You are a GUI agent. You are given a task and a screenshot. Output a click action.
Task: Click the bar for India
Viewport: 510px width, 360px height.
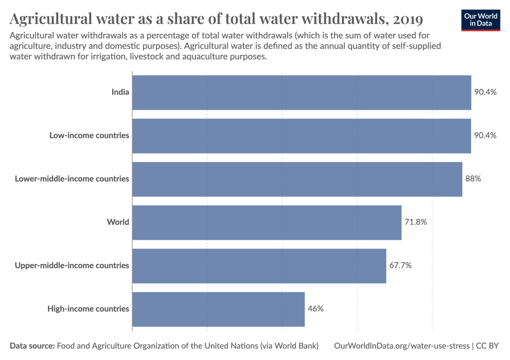(302, 92)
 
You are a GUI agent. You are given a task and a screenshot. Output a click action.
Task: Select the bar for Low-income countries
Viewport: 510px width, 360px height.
(302, 136)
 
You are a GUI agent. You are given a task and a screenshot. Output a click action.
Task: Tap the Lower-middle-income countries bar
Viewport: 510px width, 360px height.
(297, 179)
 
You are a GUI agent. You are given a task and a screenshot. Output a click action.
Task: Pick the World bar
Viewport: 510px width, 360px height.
(267, 222)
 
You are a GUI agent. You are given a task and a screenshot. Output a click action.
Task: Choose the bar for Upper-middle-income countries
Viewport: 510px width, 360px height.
(259, 266)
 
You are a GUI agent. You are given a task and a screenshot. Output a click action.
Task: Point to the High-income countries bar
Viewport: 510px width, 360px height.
(218, 309)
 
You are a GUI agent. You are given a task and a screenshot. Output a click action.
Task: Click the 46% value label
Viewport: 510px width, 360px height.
(316, 309)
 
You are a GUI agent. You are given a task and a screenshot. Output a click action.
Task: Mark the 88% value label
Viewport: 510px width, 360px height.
(473, 179)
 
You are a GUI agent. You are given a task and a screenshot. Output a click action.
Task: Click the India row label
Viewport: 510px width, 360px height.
(120, 92)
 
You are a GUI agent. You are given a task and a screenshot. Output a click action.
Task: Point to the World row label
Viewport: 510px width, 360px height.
(118, 222)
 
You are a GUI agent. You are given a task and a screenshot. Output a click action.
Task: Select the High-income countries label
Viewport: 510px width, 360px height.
(88, 309)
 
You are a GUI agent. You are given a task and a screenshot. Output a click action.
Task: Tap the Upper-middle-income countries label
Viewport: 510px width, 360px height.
(72, 266)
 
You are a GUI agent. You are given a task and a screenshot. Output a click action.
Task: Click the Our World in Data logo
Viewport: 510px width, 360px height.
(481, 19)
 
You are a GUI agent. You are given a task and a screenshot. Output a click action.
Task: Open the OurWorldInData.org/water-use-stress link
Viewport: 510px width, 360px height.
(401, 346)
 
